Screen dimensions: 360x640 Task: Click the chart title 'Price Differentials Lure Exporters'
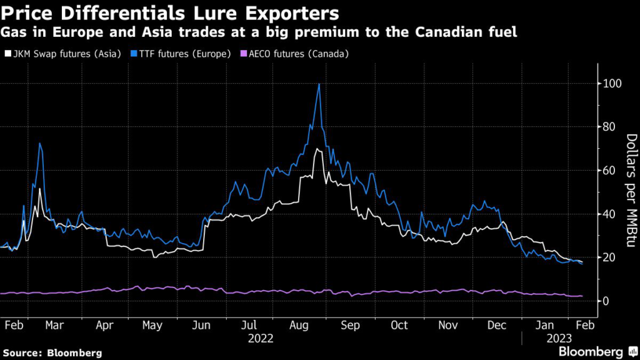(171, 12)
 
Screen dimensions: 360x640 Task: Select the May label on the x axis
(152, 326)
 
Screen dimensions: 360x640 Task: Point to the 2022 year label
(261, 339)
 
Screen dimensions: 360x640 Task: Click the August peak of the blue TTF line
(319, 84)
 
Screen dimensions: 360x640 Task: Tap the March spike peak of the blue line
(40, 143)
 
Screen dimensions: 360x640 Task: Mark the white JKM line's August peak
(318, 149)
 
